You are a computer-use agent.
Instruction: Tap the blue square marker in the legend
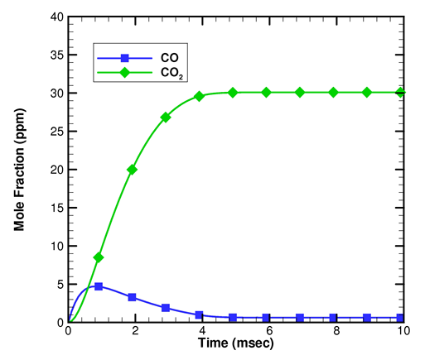125,58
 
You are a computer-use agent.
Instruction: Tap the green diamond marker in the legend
125,74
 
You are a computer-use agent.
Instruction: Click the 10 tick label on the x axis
402,331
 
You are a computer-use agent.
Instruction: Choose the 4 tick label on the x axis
201,331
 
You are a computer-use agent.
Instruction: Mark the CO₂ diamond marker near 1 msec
99,257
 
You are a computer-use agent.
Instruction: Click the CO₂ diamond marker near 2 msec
132,170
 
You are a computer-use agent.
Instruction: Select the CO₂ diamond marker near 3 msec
166,118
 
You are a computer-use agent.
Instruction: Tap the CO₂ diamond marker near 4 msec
199,96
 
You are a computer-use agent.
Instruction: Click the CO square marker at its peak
99,286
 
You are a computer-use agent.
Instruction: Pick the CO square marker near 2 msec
132,297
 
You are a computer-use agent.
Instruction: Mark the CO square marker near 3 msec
166,308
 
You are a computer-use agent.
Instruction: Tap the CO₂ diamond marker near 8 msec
334,93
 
